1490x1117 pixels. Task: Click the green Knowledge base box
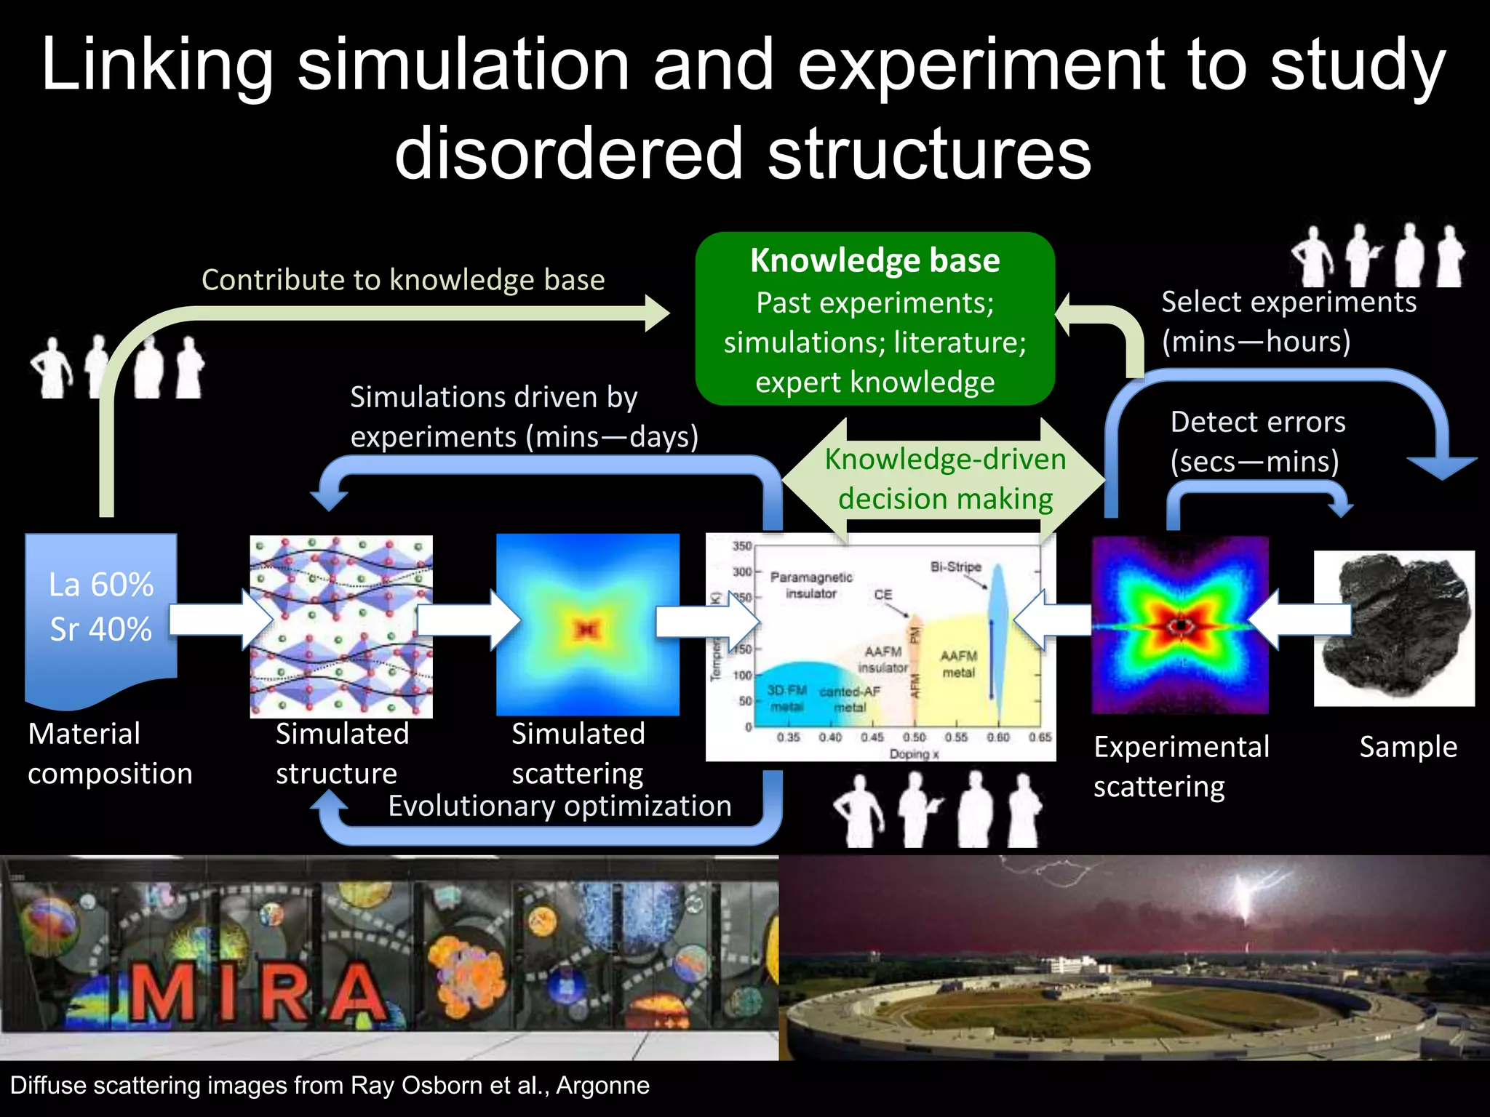point(875,319)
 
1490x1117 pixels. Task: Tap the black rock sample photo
point(1394,627)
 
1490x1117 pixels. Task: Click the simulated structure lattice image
point(341,626)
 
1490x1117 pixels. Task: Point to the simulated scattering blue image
point(588,625)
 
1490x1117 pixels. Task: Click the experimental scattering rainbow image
point(1180,625)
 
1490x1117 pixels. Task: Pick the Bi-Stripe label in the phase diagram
point(955,566)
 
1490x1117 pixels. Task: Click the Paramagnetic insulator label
point(811,585)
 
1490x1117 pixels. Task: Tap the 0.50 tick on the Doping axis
point(914,737)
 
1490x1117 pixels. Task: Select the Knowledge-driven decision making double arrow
point(945,479)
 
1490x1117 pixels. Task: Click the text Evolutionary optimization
point(559,806)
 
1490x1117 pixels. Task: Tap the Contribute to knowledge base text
point(403,280)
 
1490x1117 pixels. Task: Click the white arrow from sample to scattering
point(1299,620)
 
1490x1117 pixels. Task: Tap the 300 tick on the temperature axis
point(741,572)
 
